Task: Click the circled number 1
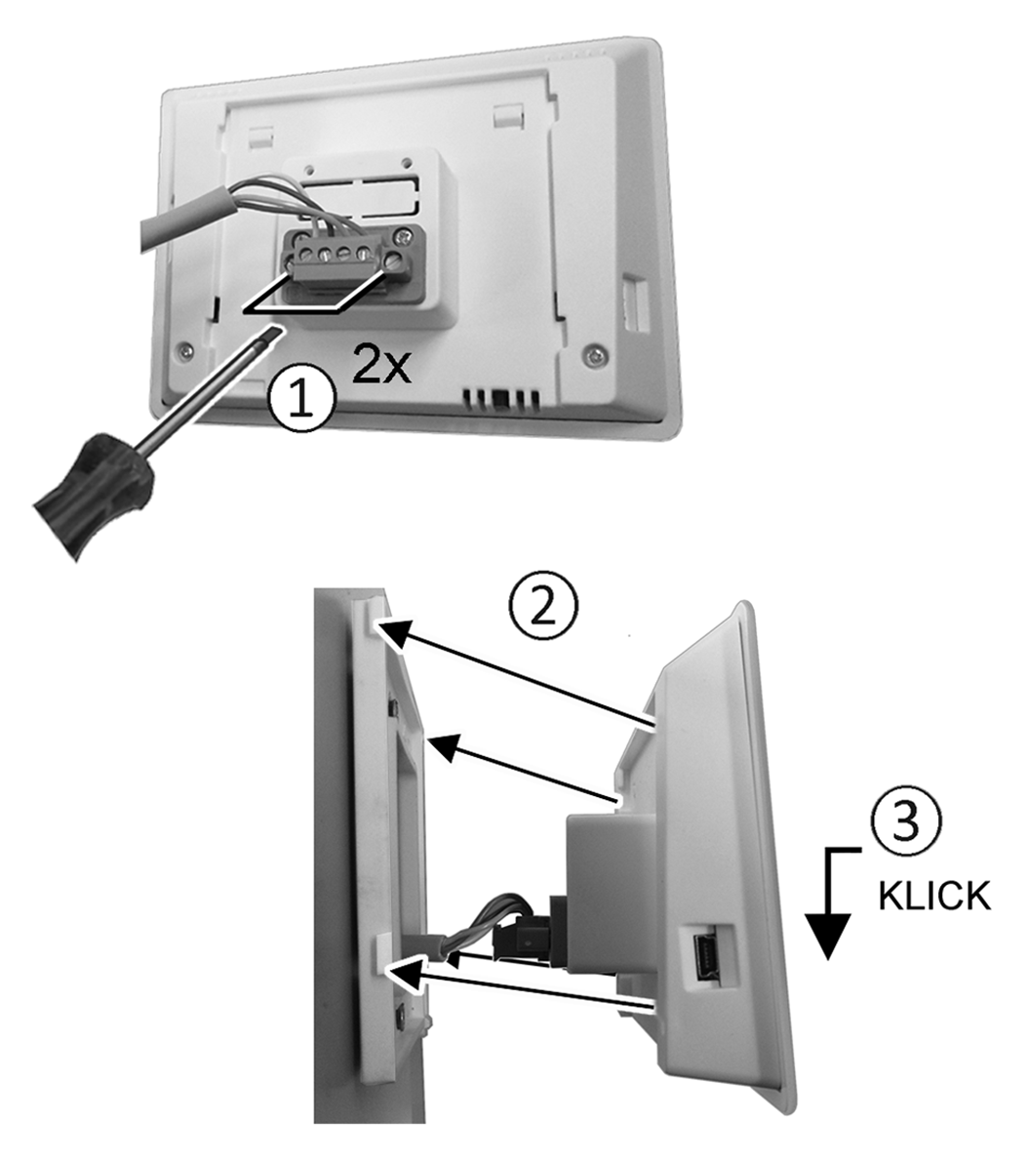[x=300, y=400]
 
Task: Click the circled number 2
[x=543, y=609]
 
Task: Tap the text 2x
[x=381, y=364]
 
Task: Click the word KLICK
[x=933, y=896]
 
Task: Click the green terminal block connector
[x=343, y=262]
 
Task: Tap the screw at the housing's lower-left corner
[x=184, y=349]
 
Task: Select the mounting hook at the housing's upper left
[x=259, y=137]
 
